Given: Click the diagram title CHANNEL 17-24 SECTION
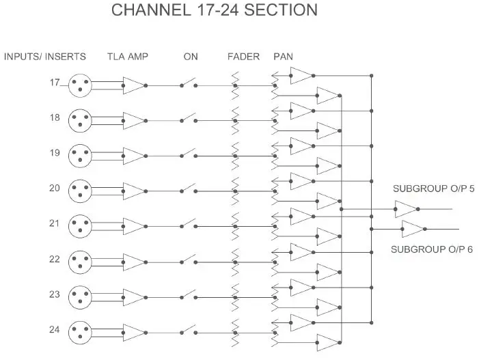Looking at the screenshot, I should tap(214, 10).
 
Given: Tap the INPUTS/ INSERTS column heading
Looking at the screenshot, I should tap(45, 56).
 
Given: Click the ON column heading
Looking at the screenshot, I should tap(190, 56).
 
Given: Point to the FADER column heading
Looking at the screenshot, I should tap(243, 56).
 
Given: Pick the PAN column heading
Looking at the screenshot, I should tap(283, 56).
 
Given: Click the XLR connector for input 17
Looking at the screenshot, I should tap(81, 85).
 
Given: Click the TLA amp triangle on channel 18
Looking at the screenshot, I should tap(134, 121).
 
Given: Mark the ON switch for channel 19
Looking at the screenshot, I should tap(189, 155).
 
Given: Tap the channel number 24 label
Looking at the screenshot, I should tap(55, 329).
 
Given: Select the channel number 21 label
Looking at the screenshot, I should tap(55, 223).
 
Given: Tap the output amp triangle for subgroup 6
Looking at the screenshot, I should tap(413, 229).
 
